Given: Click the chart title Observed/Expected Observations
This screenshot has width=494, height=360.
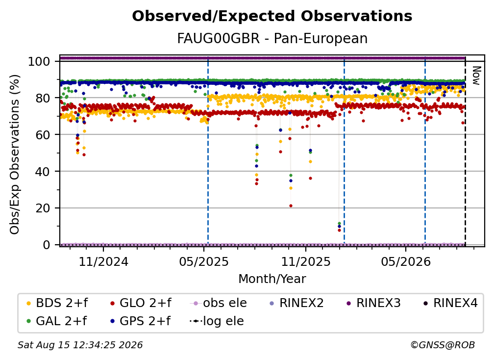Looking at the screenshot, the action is coord(272,16).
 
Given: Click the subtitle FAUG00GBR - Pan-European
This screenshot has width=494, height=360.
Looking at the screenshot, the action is coord(272,38).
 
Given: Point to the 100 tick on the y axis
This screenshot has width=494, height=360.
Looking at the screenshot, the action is coord(39,61).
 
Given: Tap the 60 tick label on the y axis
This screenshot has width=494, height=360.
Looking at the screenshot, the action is coord(43,134).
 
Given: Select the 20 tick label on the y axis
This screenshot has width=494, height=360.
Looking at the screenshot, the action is coord(43,208).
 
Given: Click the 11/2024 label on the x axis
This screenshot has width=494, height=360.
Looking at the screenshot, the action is coord(103,261).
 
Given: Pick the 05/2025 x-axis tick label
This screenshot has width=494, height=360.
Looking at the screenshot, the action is coord(204,261).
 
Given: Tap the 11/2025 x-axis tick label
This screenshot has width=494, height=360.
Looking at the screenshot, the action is coord(306,261).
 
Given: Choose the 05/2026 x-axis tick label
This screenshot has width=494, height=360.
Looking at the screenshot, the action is coord(406,261).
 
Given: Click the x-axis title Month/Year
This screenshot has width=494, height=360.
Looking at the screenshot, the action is coord(272,279).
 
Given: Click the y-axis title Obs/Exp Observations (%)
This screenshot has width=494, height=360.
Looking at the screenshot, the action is coord(15,154).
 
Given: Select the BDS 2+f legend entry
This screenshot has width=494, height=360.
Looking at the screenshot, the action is coord(57,303).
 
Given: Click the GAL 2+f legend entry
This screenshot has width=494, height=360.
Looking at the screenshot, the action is coord(56,321).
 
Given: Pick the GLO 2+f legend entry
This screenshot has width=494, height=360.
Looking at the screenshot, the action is coord(141,303).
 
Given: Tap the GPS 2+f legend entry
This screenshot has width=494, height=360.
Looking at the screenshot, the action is coord(140,321).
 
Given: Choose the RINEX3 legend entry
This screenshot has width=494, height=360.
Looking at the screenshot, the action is coord(373,303).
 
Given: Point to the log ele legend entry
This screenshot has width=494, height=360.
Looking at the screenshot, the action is coord(217,321).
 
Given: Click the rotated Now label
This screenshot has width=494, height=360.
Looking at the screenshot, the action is coord(476,76).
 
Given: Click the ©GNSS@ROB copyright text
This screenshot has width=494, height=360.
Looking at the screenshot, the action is coord(443,345).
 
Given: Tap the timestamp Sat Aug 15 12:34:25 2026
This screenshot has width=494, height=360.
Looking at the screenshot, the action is coord(80,345).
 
